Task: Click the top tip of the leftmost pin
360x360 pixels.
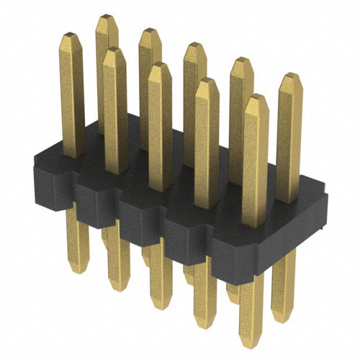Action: pyautogui.click(x=70, y=35)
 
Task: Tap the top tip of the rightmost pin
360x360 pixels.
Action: pyautogui.click(x=290, y=76)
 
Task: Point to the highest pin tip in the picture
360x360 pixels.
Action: pyautogui.click(x=107, y=17)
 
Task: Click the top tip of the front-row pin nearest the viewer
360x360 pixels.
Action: pyautogui.click(x=256, y=97)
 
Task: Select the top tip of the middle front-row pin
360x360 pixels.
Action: pyautogui.click(x=160, y=65)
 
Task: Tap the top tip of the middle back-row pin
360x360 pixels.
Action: pyautogui.click(x=194, y=45)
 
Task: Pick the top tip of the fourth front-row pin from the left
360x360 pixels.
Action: pyautogui.click(x=207, y=81)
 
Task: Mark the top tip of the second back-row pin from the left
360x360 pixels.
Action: pyautogui.click(x=150, y=31)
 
